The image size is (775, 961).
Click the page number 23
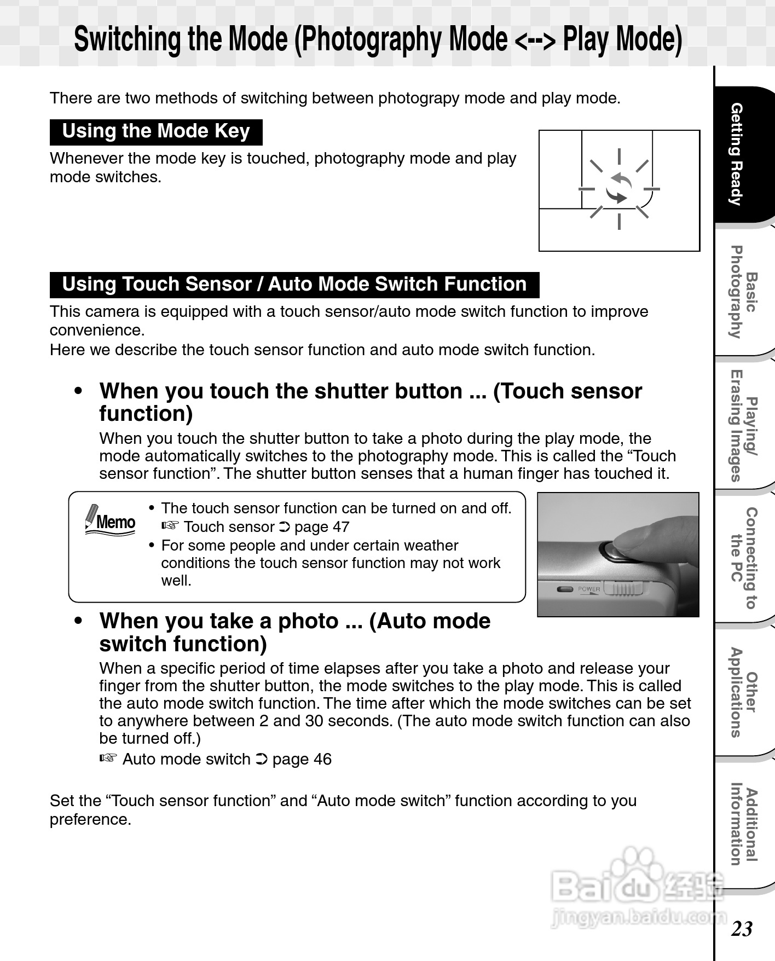(742, 929)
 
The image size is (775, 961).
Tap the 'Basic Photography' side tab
(744, 292)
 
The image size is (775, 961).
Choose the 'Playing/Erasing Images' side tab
(744, 425)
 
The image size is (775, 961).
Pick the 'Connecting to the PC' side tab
(744, 558)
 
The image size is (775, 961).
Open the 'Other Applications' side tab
(744, 692)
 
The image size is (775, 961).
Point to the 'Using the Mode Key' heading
(156, 132)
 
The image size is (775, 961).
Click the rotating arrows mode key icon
(619, 188)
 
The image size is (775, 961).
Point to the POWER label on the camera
(589, 589)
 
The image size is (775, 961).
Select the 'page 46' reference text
(302, 760)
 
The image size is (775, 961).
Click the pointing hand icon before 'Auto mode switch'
(108, 759)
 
